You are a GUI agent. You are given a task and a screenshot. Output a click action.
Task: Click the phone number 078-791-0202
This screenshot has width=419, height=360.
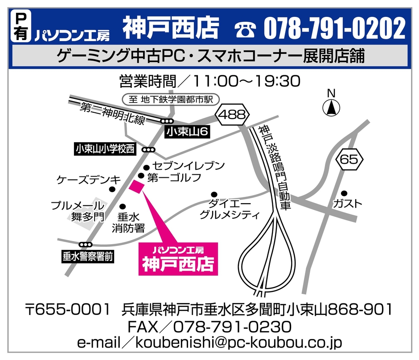pos(334,29)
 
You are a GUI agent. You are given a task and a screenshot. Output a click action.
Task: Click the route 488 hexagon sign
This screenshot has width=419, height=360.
pos(232,115)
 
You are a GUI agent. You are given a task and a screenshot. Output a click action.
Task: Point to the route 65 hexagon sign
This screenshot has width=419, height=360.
pos(351,159)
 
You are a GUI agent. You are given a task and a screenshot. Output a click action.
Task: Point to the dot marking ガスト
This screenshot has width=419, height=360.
pos(344,193)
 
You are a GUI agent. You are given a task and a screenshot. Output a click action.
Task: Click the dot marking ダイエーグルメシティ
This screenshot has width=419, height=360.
pos(214,194)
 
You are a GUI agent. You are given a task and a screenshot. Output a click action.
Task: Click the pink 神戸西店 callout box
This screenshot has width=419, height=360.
pos(178,259)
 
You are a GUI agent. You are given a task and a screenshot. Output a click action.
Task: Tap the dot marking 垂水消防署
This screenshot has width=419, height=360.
pos(123,207)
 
